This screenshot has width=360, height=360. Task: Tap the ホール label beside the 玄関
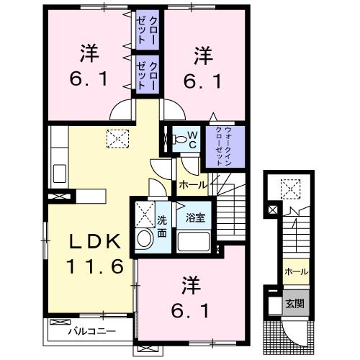(295, 271)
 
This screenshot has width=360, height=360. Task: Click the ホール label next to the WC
(192, 185)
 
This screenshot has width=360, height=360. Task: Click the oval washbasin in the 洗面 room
(144, 239)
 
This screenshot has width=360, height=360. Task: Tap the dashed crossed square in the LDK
(116, 137)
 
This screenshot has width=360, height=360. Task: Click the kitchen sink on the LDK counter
(60, 173)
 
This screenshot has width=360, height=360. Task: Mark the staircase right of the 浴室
(232, 216)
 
